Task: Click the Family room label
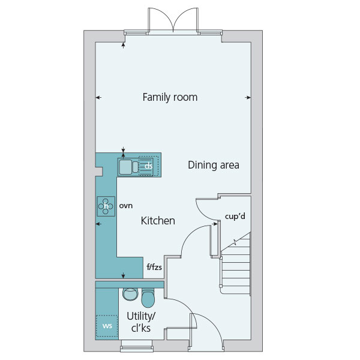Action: [x=170, y=97]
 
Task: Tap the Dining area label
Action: [x=214, y=165]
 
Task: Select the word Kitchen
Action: [x=158, y=221]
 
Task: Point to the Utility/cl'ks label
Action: [x=141, y=322]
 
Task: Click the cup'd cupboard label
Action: [x=235, y=216]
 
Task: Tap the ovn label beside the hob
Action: [x=126, y=206]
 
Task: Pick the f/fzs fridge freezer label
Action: [x=154, y=267]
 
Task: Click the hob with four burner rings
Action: [x=106, y=206]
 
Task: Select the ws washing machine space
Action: [x=107, y=326]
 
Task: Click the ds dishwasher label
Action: [x=149, y=166]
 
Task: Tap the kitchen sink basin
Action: [x=125, y=167]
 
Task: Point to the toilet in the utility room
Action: [x=148, y=298]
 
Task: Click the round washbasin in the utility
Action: [x=130, y=295]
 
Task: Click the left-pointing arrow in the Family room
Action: [x=98, y=98]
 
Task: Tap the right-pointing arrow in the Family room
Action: [x=248, y=98]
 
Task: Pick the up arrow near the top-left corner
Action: [x=123, y=45]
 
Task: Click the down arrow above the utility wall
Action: [x=123, y=275]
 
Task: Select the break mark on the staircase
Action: [x=235, y=242]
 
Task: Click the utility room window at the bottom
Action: [x=137, y=346]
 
